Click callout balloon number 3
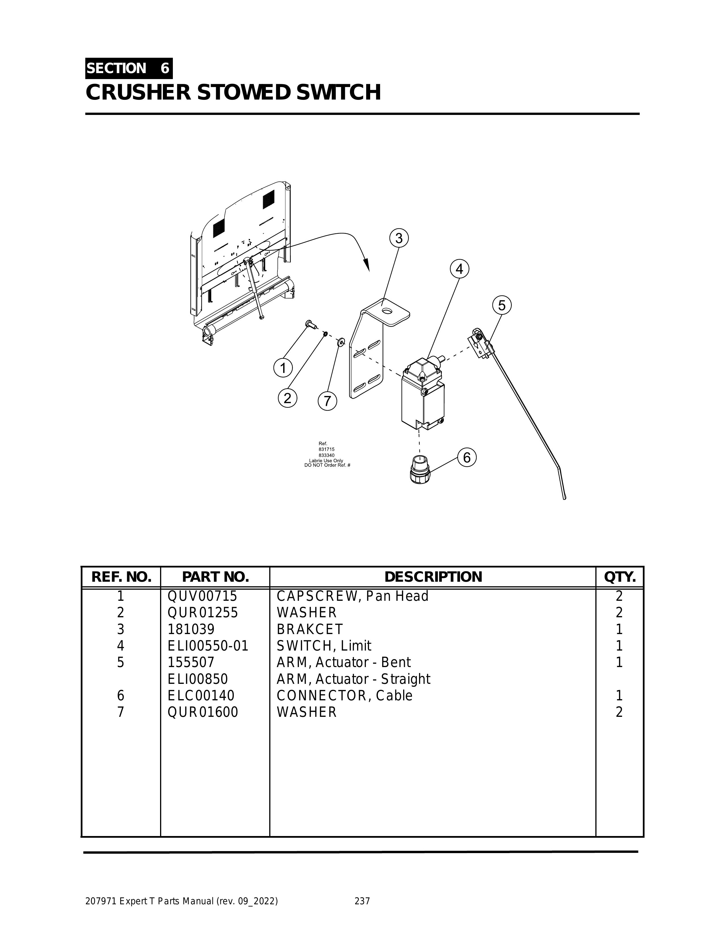pyautogui.click(x=399, y=238)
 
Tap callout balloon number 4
pyautogui.click(x=459, y=269)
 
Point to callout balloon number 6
pyautogui.click(x=467, y=457)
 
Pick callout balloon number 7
pyautogui.click(x=328, y=401)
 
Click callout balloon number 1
pyautogui.click(x=283, y=368)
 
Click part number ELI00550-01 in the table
pyautogui.click(x=208, y=646)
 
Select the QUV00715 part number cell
pyautogui.click(x=202, y=596)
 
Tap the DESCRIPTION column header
pyautogui.click(x=433, y=577)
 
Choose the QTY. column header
pyautogui.click(x=620, y=577)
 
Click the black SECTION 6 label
pyautogui.click(x=129, y=68)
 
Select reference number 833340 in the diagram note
pyautogui.click(x=327, y=455)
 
